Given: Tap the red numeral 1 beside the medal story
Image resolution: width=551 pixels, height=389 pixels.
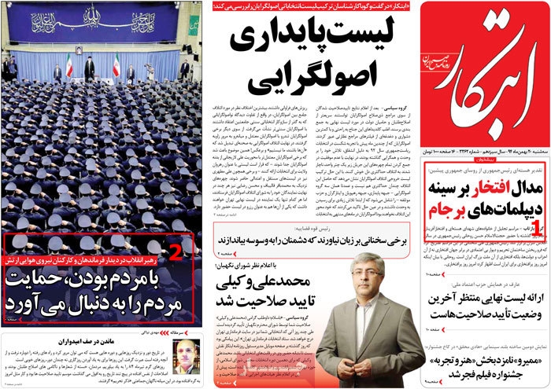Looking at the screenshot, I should pos(538,252).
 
